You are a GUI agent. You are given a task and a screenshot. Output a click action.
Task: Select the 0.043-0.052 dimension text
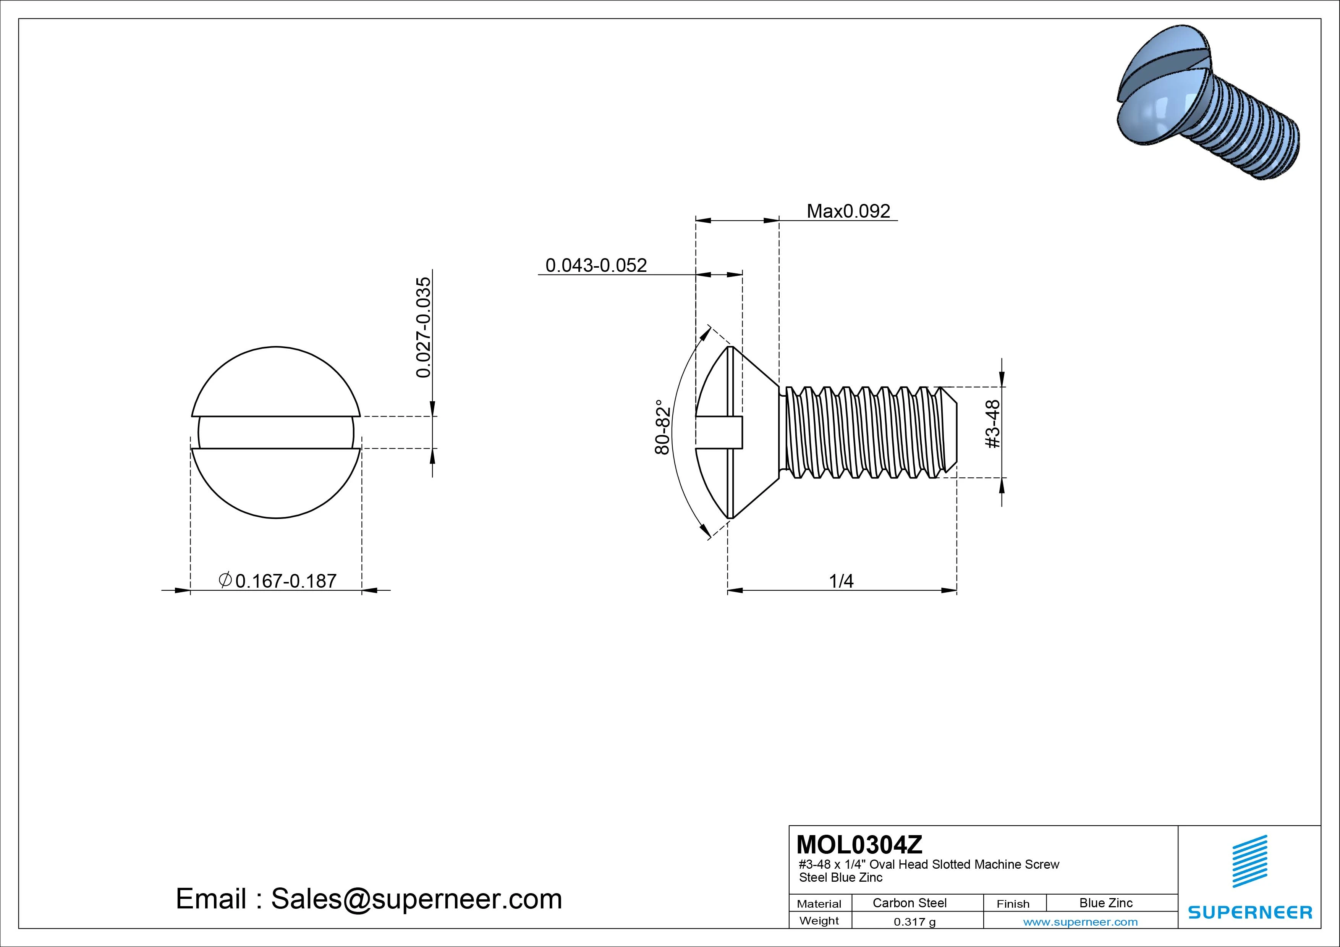click(x=596, y=265)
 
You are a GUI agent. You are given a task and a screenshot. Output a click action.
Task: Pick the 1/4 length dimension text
click(x=841, y=581)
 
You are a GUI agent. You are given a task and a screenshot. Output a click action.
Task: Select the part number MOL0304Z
click(x=859, y=844)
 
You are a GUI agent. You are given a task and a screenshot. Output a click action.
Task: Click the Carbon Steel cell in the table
click(x=909, y=903)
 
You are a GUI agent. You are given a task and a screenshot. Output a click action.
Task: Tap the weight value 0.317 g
click(x=914, y=922)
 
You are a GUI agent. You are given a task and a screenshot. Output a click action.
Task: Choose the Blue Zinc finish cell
click(x=1105, y=903)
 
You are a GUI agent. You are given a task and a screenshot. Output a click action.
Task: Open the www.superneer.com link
click(x=1080, y=922)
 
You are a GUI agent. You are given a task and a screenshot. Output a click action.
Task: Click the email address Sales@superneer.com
click(x=416, y=899)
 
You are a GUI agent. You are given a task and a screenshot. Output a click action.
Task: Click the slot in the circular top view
click(x=276, y=432)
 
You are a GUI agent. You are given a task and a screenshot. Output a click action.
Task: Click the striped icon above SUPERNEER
click(x=1249, y=861)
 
